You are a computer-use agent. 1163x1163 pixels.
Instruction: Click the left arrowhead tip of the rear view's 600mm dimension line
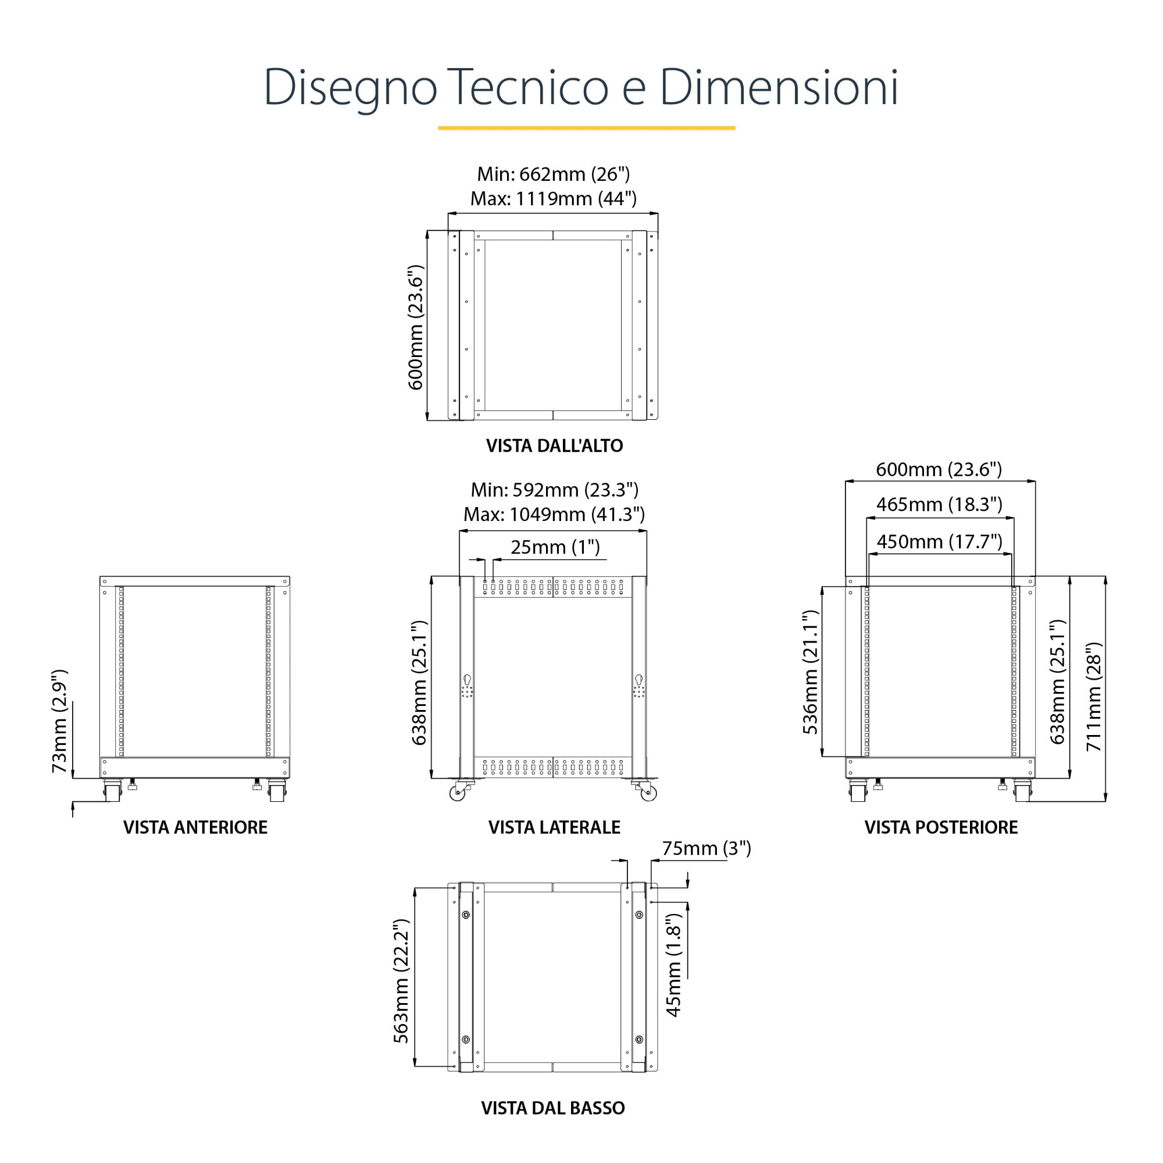[845, 481]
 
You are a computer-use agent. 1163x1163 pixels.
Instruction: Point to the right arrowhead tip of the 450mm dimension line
[1012, 554]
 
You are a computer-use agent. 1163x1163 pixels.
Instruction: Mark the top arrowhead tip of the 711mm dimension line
[1106, 576]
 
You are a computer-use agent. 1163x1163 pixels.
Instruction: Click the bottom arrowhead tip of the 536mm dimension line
[822, 756]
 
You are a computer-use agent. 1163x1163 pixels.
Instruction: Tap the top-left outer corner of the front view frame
[100, 577]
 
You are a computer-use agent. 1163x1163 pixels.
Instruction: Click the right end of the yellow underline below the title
[735, 127]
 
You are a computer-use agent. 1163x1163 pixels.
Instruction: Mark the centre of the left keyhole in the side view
[466, 680]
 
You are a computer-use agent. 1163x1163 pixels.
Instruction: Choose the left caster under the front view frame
[112, 790]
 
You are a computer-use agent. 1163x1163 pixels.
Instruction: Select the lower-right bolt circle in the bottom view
[638, 1040]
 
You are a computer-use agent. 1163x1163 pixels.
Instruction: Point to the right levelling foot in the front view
[257, 784]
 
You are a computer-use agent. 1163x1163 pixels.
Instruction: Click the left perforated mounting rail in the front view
[121, 671]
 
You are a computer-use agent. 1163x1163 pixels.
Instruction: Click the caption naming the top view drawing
[554, 446]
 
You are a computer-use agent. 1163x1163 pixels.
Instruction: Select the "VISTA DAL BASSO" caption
[553, 1108]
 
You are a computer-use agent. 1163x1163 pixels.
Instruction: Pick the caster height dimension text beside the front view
[59, 721]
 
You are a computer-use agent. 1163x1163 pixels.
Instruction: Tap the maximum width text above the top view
[553, 199]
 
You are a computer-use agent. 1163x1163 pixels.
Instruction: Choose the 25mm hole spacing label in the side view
[555, 547]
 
